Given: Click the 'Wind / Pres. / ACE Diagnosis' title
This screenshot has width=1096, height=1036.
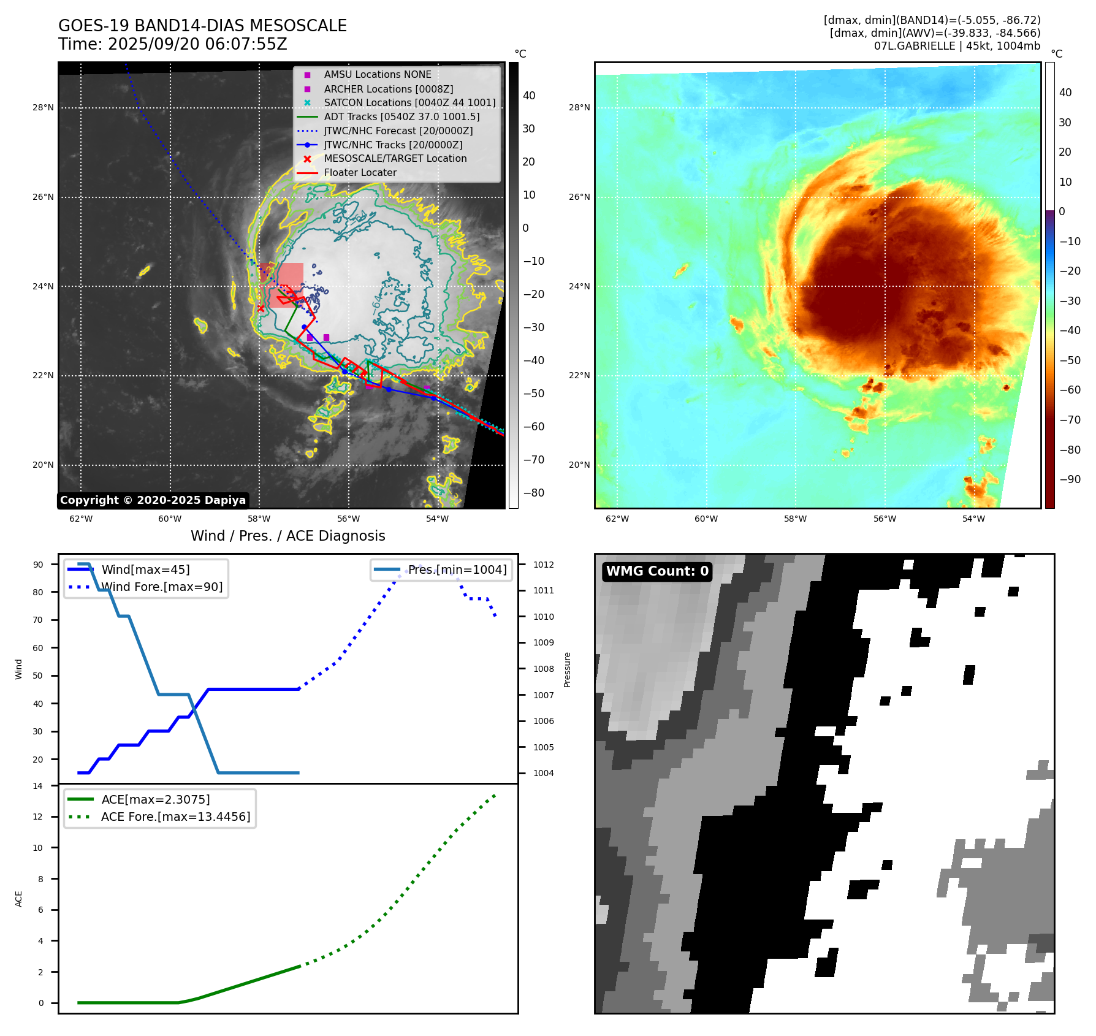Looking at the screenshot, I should coord(287,536).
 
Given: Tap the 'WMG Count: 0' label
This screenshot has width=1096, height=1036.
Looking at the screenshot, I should coord(657,571).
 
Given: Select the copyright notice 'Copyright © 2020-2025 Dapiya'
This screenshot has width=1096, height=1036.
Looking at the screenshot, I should coord(153,500).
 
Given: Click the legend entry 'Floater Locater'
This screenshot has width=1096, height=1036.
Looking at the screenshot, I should coord(360,173).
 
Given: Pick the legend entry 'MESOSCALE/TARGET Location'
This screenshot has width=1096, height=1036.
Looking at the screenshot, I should coord(395,159).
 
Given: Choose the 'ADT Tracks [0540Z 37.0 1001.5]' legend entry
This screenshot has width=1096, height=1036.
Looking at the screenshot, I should coord(401,116).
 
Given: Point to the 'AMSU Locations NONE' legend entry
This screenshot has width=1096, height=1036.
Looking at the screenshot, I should coord(377,75).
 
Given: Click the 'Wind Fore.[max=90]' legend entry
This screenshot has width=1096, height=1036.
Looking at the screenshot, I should coord(162,587).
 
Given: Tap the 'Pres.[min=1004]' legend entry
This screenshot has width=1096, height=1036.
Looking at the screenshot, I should coord(457,570).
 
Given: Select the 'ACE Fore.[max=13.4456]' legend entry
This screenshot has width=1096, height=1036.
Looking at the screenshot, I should coord(175,817).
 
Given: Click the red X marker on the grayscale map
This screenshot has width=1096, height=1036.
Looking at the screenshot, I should coord(261,308).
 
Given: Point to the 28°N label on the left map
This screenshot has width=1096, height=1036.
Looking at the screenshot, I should coord(43,108).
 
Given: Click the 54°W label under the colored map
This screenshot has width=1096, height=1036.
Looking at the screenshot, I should coord(973,519).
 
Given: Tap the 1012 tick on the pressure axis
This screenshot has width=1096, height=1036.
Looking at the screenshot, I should coord(543,565).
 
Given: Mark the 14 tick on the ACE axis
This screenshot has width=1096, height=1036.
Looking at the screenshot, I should coord(38,786).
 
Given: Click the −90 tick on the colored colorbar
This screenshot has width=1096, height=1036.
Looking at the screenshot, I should coord(1070,479).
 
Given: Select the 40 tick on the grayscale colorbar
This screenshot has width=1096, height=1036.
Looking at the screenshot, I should coord(529,96).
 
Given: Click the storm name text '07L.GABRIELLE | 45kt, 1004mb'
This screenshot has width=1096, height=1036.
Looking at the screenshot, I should coord(957,46).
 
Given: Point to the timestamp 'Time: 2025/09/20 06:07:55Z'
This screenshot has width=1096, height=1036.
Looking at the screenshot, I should coord(173,44).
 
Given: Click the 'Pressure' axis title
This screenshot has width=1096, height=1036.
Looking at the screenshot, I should coord(567,669).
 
